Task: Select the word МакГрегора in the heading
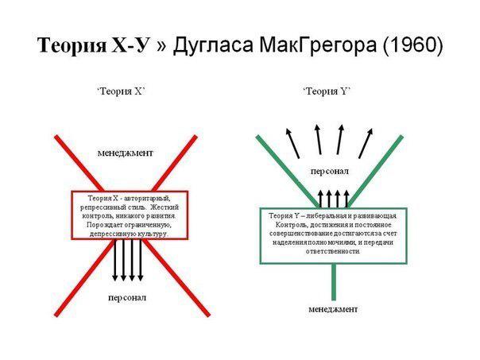(318, 46)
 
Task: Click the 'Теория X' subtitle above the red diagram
(121, 91)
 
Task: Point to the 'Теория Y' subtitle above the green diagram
(327, 91)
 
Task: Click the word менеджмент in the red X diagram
(126, 153)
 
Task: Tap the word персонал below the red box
(127, 297)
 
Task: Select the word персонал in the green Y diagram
(329, 171)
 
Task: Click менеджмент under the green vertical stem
(333, 309)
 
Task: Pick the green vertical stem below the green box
(334, 281)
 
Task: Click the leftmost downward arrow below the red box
(114, 260)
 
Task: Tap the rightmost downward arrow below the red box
(141, 260)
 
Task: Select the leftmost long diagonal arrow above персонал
(292, 143)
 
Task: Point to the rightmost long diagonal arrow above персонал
(366, 143)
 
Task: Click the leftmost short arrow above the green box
(320, 199)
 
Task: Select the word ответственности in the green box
(333, 251)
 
